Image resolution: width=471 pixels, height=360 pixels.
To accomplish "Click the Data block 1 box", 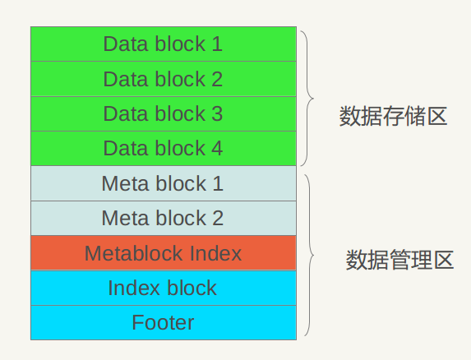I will tap(163, 44).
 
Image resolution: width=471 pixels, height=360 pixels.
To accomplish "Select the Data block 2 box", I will tap(163, 80).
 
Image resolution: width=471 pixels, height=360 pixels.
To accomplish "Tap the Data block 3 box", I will tap(163, 114).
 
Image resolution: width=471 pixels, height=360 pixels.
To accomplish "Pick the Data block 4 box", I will tap(163, 149).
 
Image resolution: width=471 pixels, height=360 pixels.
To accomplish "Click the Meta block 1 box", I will tap(163, 183).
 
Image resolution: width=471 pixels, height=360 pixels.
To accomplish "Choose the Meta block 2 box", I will tap(163, 219).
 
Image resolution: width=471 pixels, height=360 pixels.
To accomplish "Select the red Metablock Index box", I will tap(163, 253).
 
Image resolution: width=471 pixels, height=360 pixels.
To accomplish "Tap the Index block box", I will tap(163, 288).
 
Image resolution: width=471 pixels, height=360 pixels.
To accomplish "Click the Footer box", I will tap(163, 323).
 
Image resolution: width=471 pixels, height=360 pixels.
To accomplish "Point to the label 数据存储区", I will tap(393, 116).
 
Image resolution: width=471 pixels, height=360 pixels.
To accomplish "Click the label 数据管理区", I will tap(399, 261).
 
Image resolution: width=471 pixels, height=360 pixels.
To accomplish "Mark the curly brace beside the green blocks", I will tap(307, 99).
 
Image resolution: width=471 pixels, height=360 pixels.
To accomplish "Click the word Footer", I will tap(163, 323).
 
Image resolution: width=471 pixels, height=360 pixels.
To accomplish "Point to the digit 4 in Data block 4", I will tap(217, 149).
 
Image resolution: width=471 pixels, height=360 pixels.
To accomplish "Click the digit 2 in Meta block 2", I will tap(218, 219).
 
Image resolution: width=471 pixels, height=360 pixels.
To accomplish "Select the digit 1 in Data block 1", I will tap(217, 44).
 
